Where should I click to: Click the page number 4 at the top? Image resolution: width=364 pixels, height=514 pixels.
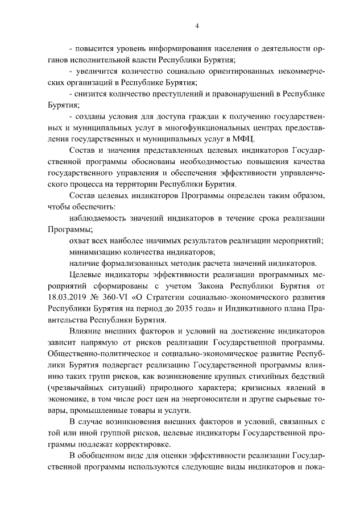point(196,26)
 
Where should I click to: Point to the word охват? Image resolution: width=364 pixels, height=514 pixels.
point(79,240)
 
